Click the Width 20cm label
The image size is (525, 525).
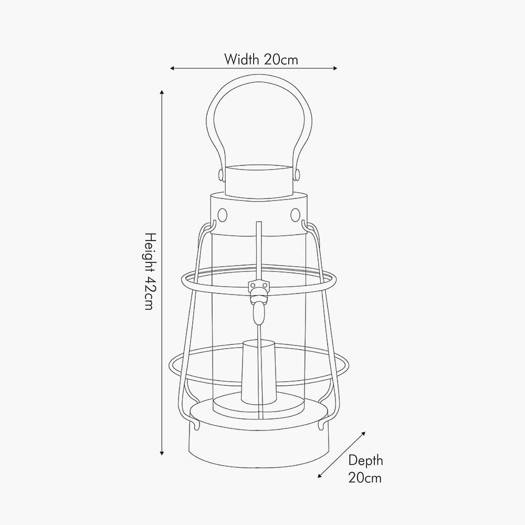pos(261,59)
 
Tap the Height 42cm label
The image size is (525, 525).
pos(149,271)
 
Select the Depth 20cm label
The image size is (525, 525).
pos(365,469)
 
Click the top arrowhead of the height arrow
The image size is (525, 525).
pos(162,93)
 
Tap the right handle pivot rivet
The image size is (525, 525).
pos(298,173)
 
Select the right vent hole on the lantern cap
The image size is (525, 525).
pos(295,214)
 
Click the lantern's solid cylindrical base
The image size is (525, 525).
pos(260,446)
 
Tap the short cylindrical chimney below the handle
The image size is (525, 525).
pos(259,180)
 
